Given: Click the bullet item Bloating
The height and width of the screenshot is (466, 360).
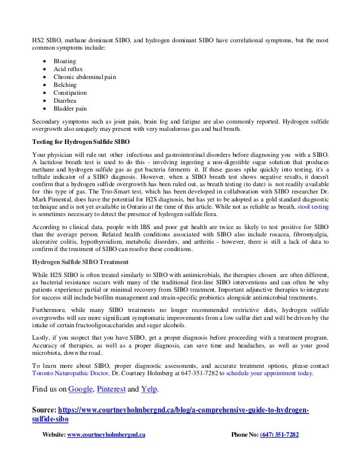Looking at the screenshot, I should pyautogui.click(x=65, y=60).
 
